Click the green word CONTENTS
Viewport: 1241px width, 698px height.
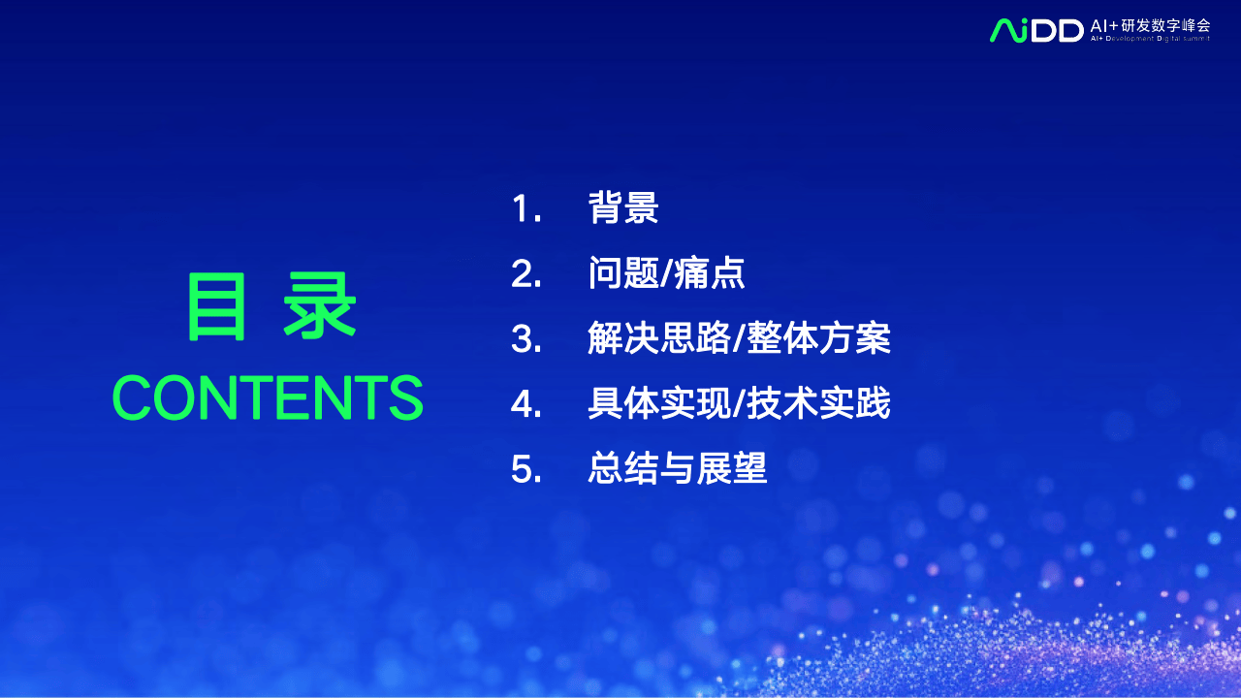[268, 397]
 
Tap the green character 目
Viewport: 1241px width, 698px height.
[216, 306]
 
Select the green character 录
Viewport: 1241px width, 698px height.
[320, 305]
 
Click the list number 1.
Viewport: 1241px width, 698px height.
[525, 208]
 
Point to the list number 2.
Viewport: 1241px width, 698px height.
[525, 273]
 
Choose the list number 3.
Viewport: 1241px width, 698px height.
[525, 338]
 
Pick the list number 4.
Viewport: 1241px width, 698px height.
[525, 404]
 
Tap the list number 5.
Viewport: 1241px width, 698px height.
[525, 469]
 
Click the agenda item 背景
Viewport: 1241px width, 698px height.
[623, 207]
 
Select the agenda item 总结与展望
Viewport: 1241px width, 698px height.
[678, 468]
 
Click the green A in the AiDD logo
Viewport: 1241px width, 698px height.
[1003, 30]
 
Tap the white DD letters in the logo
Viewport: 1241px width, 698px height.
[1057, 31]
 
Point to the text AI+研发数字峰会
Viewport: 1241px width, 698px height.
[1151, 26]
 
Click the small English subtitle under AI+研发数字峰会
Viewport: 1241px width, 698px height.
[1150, 39]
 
